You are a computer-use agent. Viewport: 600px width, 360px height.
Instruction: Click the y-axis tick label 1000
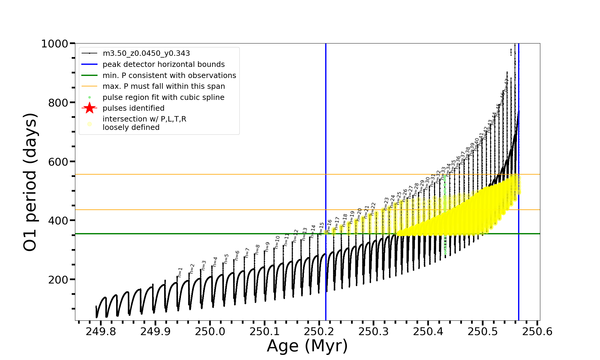coord(55,44)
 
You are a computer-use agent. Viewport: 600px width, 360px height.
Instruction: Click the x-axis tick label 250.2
coord(319,332)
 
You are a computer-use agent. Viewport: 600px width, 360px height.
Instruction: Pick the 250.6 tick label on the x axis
coord(537,332)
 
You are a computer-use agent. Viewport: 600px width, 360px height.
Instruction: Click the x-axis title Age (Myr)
coord(307,346)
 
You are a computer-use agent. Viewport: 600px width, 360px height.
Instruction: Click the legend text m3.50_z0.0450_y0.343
coord(146,53)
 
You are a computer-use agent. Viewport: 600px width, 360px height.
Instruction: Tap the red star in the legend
coord(89,108)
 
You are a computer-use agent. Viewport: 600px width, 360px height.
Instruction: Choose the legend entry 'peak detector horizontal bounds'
coord(163,64)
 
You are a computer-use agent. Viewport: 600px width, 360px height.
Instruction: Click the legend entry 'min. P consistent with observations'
coord(169,75)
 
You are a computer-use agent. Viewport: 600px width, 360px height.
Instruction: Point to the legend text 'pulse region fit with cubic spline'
coord(163,97)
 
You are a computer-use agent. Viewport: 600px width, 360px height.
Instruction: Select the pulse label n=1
coord(180,272)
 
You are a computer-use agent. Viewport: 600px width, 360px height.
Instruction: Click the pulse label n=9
coord(267,247)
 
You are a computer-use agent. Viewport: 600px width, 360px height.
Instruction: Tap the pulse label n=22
coord(373,208)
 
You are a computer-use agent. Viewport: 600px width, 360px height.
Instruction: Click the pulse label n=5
coord(226,258)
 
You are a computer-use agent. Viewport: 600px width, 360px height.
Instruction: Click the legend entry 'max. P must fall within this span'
coord(163,86)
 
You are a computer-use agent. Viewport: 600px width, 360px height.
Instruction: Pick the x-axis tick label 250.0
coord(209,332)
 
